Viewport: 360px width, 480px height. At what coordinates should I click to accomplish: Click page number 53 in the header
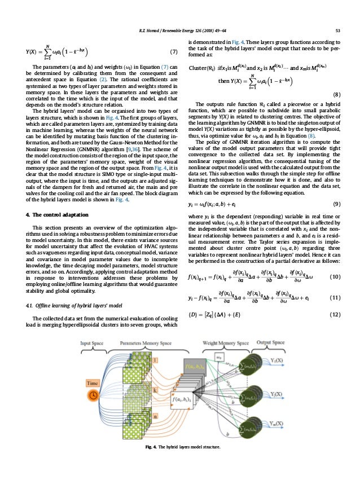pos(337,30)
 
